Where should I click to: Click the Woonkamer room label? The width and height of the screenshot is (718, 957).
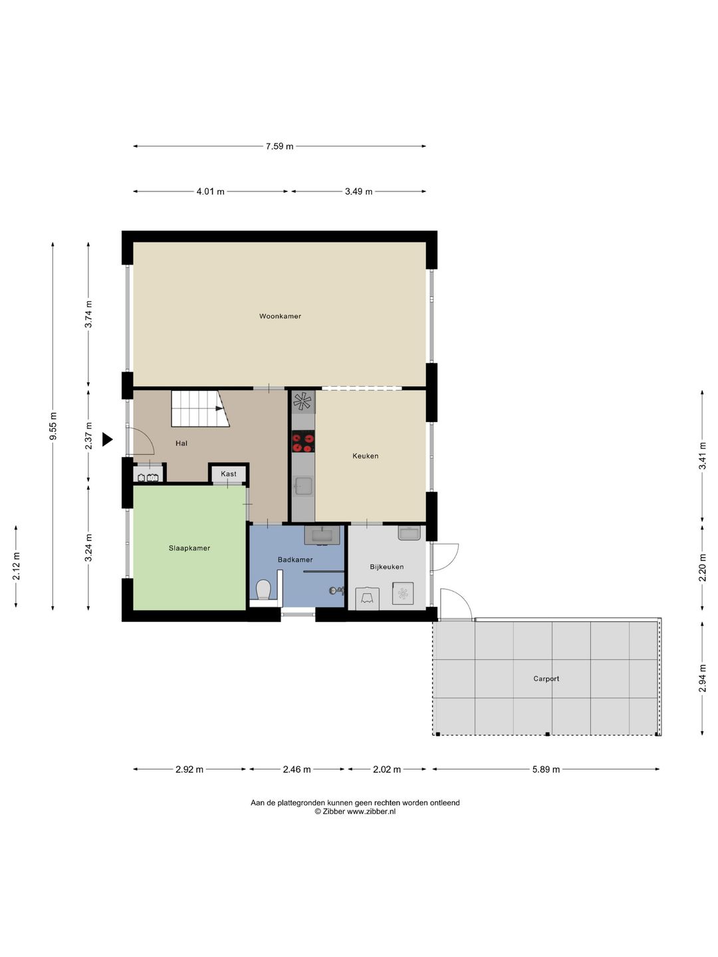pyautogui.click(x=280, y=316)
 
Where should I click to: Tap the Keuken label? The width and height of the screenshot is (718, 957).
pyautogui.click(x=366, y=456)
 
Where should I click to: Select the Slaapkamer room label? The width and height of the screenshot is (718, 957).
pyautogui.click(x=189, y=548)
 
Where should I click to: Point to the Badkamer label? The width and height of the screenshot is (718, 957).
pyautogui.click(x=295, y=560)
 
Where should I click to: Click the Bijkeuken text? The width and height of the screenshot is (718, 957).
pyautogui.click(x=387, y=567)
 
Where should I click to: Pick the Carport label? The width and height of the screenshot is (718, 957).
pyautogui.click(x=546, y=679)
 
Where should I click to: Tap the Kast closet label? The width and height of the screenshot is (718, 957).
pyautogui.click(x=229, y=473)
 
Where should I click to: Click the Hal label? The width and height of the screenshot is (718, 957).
pyautogui.click(x=181, y=443)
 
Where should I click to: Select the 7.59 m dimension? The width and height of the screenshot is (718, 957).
pyautogui.click(x=279, y=146)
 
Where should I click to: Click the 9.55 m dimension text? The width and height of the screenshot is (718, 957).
pyautogui.click(x=53, y=426)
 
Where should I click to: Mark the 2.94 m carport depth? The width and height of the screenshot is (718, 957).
pyautogui.click(x=702, y=678)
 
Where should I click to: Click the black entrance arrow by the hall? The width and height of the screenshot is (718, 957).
pyautogui.click(x=107, y=439)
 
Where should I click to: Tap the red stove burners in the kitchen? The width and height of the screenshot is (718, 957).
pyautogui.click(x=302, y=442)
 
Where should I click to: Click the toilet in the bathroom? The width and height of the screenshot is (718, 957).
pyautogui.click(x=263, y=589)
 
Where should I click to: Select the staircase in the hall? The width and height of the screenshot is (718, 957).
pyautogui.click(x=200, y=409)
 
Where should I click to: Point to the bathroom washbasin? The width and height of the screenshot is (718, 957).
pyautogui.click(x=322, y=535)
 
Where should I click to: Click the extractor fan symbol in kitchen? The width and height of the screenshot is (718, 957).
pyautogui.click(x=302, y=401)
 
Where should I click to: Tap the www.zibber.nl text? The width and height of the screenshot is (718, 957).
pyautogui.click(x=371, y=811)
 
